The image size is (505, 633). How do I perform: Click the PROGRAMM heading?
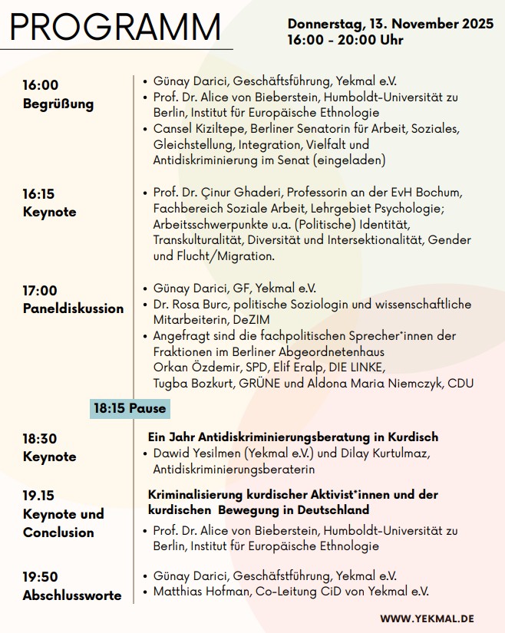[115, 28]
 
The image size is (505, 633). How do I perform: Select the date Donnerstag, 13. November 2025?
[391, 24]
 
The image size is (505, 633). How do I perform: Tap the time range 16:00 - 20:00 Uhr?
[345, 40]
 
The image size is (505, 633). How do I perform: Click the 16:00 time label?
[40, 85]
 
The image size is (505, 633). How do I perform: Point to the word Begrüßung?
[58, 104]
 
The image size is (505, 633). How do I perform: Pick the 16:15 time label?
[39, 194]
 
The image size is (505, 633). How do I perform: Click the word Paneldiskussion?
[73, 308]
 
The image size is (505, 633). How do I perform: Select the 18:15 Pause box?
[130, 408]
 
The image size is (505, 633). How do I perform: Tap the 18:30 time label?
[40, 438]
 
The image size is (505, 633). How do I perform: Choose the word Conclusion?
[58, 532]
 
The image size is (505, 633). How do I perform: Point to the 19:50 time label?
[40, 576]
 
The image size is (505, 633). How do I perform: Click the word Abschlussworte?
[72, 595]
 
